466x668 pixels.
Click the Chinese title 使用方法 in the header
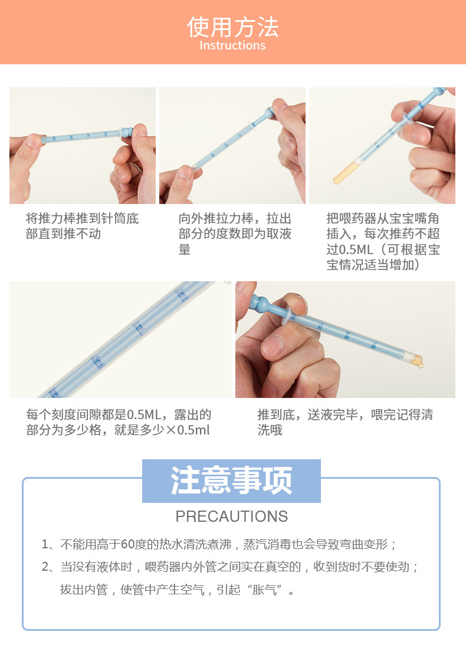tap(233, 27)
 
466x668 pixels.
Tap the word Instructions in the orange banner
tap(232, 45)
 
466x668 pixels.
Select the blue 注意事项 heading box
tap(231, 481)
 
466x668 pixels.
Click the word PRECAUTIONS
tap(231, 516)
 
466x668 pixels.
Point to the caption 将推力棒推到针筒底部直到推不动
tap(82, 226)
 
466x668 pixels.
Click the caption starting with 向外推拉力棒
tap(235, 234)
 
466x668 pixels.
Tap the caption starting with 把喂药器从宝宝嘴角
tap(383, 242)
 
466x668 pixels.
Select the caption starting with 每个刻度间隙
tap(119, 422)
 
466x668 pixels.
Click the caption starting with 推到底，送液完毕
tap(345, 422)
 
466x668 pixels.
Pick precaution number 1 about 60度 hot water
tap(219, 544)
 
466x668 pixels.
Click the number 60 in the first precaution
tap(128, 544)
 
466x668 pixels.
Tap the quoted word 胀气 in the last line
tap(264, 590)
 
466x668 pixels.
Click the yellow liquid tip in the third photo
tap(344, 173)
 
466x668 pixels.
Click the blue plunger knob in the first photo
tap(127, 131)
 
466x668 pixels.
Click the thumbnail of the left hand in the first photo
tap(33, 142)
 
